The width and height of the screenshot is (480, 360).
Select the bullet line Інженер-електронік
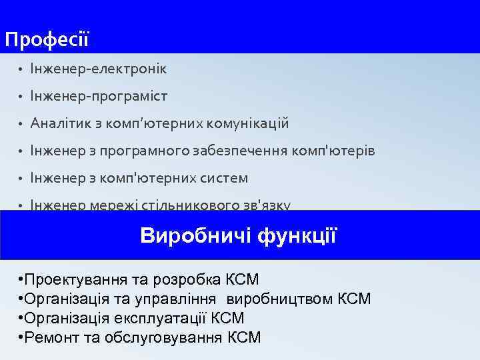pyautogui.click(x=98, y=69)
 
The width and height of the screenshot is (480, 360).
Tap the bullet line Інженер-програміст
pyautogui.click(x=98, y=97)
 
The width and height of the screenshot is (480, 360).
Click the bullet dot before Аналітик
pyautogui.click(x=21, y=125)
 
